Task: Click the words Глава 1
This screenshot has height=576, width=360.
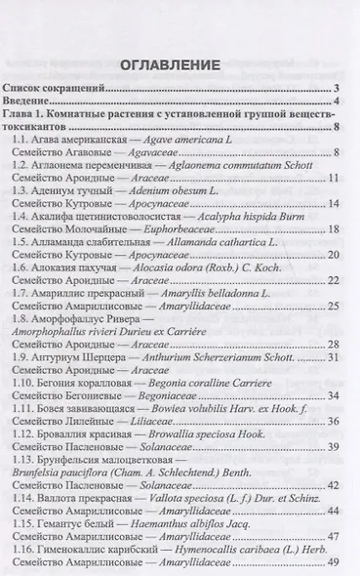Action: coord(28,114)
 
